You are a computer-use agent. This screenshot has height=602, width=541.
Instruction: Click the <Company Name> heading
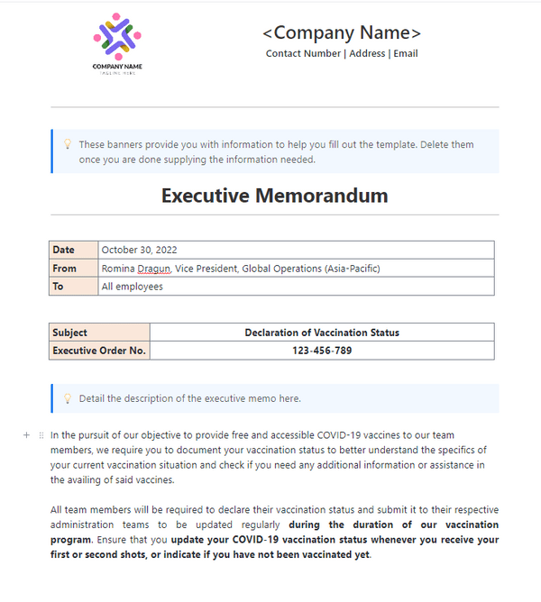[342, 33]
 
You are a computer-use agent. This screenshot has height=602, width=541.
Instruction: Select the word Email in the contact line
[406, 54]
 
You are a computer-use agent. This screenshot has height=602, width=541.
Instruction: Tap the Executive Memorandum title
[274, 196]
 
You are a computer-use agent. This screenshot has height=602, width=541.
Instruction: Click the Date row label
[64, 250]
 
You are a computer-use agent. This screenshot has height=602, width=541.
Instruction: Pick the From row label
[65, 268]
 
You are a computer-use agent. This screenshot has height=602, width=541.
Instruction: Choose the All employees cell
[133, 287]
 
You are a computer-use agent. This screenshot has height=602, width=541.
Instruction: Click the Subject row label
[70, 333]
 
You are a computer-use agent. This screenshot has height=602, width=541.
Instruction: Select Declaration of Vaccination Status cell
[322, 333]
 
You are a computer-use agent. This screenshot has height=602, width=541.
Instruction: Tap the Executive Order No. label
[99, 351]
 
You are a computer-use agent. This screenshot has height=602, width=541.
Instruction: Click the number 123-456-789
[322, 351]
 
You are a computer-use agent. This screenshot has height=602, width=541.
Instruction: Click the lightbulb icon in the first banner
[67, 144]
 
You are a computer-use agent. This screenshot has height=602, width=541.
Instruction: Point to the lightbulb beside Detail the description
[67, 398]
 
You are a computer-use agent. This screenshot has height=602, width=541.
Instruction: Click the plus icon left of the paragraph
[27, 435]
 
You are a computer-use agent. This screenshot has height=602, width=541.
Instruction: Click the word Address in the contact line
[367, 54]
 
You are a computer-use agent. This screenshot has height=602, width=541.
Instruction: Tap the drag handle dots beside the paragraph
[41, 435]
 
